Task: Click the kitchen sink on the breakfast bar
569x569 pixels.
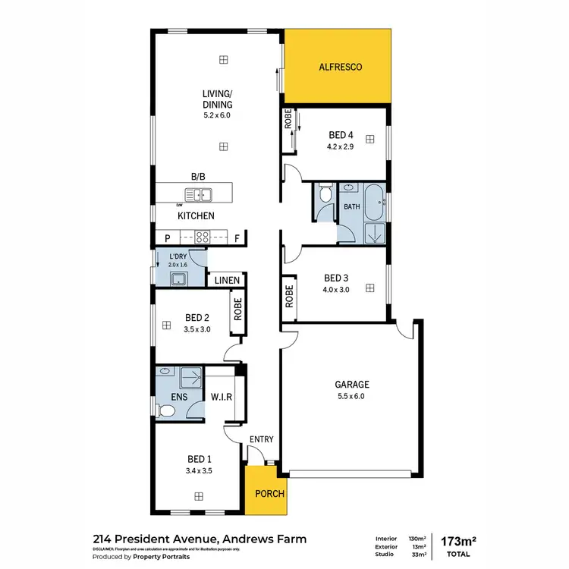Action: click(x=203, y=196)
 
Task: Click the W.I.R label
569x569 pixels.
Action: click(x=221, y=397)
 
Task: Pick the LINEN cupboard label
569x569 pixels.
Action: click(x=226, y=281)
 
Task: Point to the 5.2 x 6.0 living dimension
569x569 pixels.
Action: click(x=216, y=115)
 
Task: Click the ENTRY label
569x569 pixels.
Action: click(x=261, y=439)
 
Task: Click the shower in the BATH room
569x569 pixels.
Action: click(x=374, y=234)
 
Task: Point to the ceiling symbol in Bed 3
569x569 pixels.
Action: click(x=369, y=288)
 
